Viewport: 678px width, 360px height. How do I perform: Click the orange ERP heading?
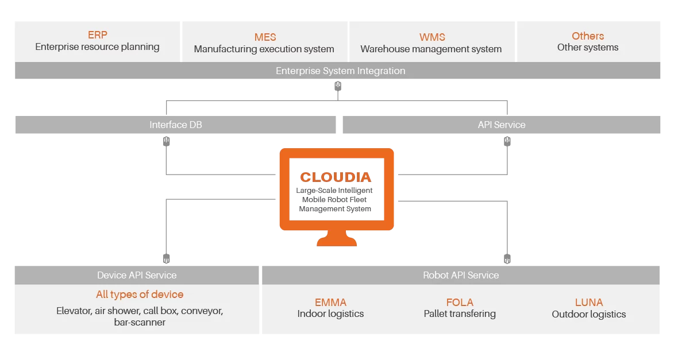pos(97,35)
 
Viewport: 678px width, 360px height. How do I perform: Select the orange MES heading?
pos(265,37)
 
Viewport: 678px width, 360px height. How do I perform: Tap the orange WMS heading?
pos(432,37)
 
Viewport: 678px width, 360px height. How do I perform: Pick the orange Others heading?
pos(587,36)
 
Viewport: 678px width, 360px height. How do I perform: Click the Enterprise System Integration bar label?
pos(340,71)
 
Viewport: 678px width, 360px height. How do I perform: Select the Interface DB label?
pos(175,125)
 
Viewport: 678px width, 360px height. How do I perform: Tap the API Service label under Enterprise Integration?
pos(501,125)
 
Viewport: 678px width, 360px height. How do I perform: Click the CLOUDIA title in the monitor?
pos(336,177)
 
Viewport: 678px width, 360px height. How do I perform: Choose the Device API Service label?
pos(137,275)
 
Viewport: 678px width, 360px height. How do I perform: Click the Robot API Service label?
pos(460,275)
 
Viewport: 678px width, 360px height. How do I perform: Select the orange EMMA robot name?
pos(330,302)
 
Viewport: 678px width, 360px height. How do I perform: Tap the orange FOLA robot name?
pos(460,302)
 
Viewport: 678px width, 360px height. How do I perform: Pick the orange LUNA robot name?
pos(588,302)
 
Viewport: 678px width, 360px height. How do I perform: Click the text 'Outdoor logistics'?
pos(588,314)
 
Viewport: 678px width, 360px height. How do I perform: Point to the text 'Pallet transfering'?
pos(460,314)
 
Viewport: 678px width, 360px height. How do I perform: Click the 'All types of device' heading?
pos(140,295)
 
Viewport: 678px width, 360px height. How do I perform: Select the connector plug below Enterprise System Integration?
pos(338,86)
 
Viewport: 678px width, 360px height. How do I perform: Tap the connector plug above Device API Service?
pos(167,258)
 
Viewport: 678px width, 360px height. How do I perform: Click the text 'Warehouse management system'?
pos(431,49)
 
